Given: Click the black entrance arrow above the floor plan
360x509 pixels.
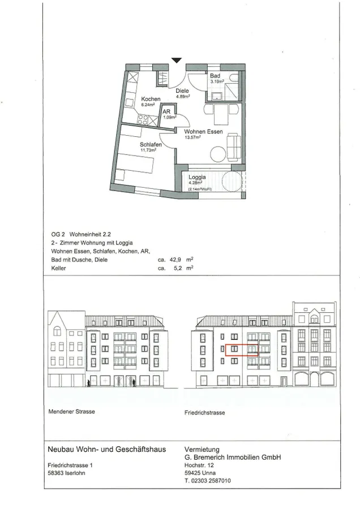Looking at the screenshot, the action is click(x=177, y=61).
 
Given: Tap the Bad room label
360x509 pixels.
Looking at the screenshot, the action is click(x=215, y=76).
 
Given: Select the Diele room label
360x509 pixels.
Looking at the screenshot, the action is click(x=182, y=91).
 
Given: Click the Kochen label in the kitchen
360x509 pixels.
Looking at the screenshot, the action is click(x=151, y=99).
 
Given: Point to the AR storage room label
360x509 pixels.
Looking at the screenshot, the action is click(x=166, y=111).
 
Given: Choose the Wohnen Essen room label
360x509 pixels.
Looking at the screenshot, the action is click(x=203, y=132).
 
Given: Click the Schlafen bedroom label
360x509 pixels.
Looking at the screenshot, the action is click(x=151, y=144).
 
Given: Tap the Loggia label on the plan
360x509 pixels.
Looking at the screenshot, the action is click(x=197, y=177).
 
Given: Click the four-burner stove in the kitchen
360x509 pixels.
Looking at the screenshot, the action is click(x=143, y=119).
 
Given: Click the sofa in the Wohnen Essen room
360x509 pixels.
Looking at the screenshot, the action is click(x=234, y=147).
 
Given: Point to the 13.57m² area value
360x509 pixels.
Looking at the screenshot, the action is click(x=192, y=137).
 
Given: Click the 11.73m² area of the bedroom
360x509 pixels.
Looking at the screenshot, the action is click(x=148, y=150).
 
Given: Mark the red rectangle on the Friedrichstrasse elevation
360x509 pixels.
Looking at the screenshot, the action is click(x=242, y=350).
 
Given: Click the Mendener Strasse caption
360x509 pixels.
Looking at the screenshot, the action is click(x=71, y=412).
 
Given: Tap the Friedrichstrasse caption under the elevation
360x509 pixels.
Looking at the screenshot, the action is click(x=205, y=413).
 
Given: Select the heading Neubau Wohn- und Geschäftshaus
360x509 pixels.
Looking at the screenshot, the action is click(x=107, y=450).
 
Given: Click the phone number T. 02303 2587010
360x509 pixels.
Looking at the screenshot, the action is click(x=208, y=481).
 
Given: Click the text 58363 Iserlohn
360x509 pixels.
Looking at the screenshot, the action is click(x=66, y=473).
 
